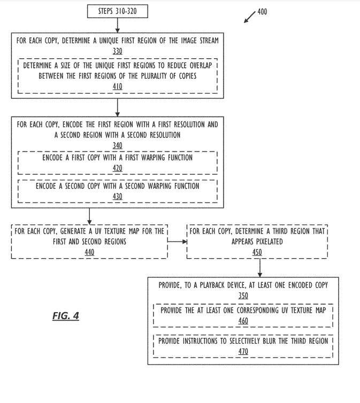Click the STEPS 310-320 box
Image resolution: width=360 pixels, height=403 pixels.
click(x=117, y=10)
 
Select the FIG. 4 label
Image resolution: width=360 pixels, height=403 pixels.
click(x=66, y=316)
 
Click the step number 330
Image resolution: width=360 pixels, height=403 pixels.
click(x=117, y=51)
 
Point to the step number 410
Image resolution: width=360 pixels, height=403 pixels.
click(x=117, y=86)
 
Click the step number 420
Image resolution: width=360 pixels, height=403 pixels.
click(x=117, y=168)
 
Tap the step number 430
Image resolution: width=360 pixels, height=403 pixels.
click(x=117, y=196)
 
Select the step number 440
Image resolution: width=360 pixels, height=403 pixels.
click(x=89, y=252)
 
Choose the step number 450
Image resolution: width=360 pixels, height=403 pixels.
click(x=257, y=252)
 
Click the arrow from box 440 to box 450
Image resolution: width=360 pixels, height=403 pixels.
click(x=177, y=242)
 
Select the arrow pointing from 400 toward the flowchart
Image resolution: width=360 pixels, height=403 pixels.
click(x=250, y=17)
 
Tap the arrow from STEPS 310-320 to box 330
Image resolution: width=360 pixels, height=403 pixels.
click(x=117, y=25)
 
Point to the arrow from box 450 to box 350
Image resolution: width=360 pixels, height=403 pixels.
click(x=259, y=267)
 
